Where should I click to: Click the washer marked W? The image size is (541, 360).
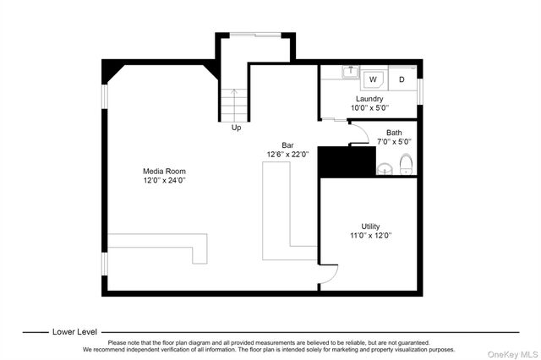(373, 79)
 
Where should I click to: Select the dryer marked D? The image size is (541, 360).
(402, 79)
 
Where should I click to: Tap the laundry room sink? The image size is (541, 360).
(348, 73)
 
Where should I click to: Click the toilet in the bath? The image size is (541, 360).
(405, 163)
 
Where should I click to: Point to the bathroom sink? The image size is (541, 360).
(384, 168)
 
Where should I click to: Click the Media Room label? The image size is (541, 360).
(163, 171)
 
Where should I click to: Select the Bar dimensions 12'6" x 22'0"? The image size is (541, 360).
(287, 154)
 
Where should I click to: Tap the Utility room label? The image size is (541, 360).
(370, 226)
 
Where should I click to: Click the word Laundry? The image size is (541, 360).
(369, 99)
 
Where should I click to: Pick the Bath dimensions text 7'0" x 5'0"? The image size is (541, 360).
(394, 142)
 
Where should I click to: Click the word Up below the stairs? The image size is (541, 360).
(236, 128)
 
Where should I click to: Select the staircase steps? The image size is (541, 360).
(236, 105)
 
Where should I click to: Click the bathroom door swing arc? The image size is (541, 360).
(359, 133)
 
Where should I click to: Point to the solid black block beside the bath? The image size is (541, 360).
(346, 161)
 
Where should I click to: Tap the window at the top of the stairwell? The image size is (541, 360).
(254, 35)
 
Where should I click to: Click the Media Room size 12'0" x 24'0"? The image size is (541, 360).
(163, 180)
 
